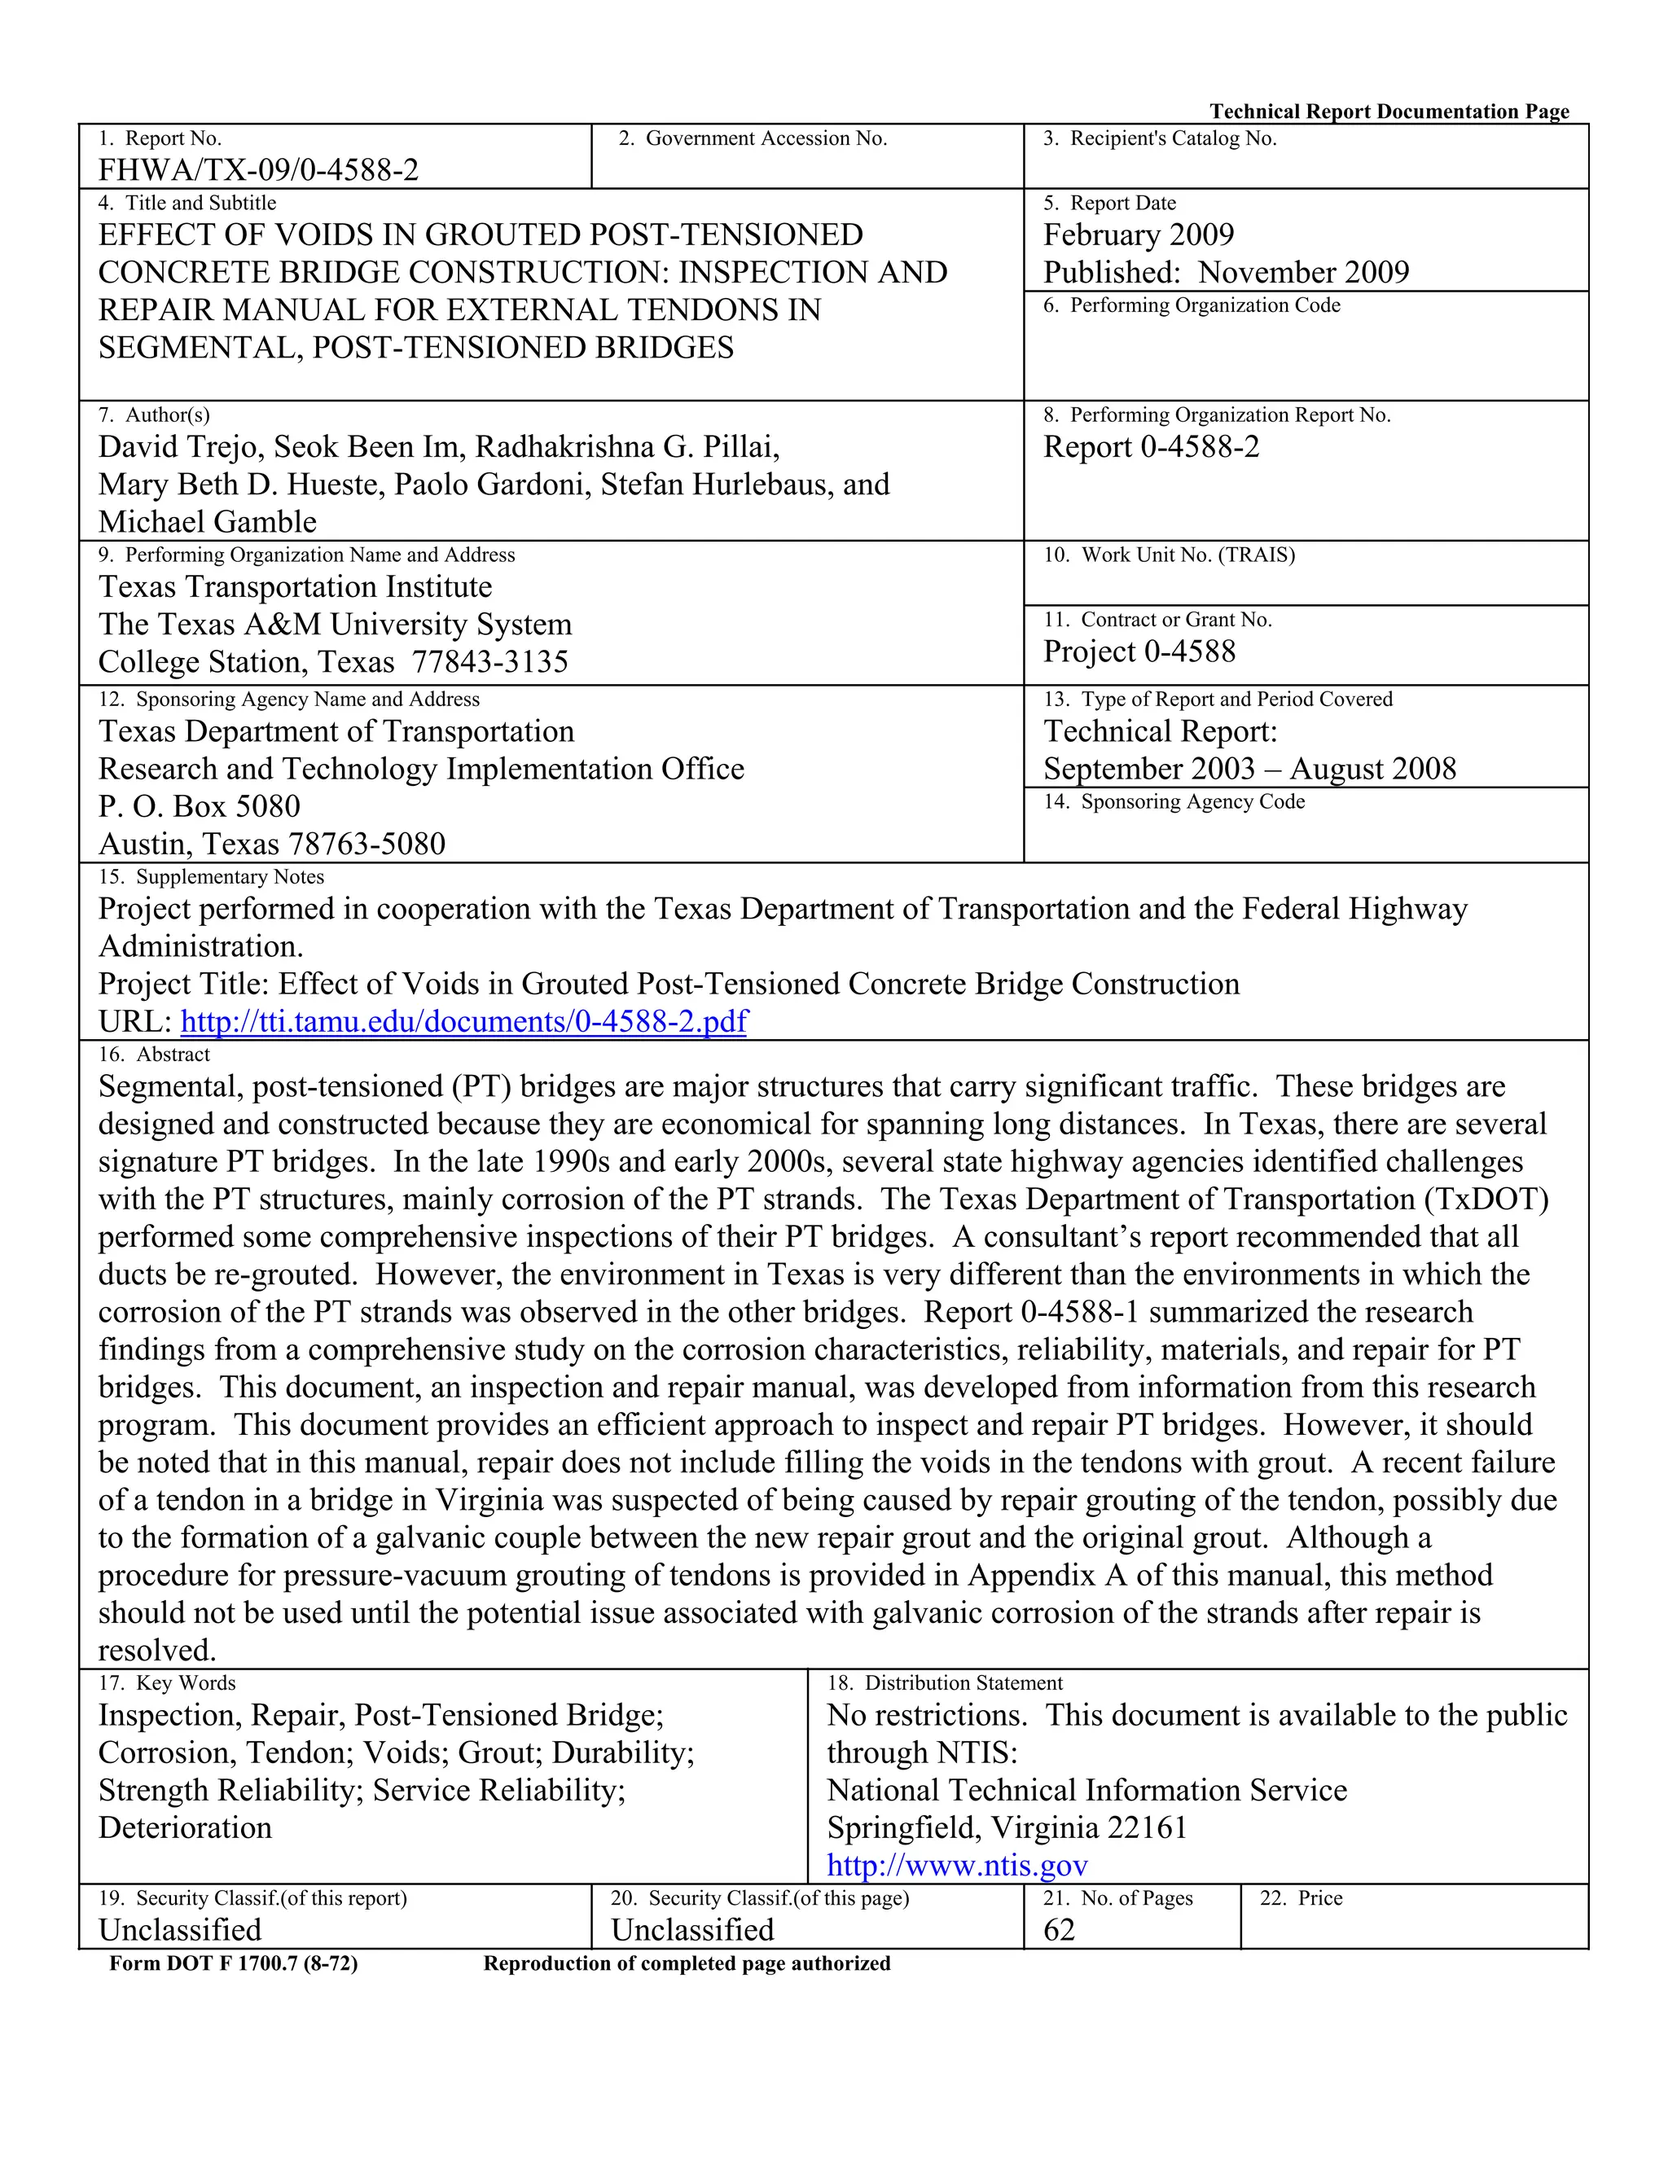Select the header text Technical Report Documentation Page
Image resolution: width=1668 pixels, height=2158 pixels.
tap(1389, 112)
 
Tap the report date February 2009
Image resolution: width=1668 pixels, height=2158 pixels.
tap(1139, 235)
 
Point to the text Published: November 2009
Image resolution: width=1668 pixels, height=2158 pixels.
tap(1225, 273)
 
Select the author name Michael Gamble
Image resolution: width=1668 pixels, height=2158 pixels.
tap(208, 522)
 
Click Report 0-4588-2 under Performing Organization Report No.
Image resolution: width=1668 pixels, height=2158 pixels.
tap(1151, 448)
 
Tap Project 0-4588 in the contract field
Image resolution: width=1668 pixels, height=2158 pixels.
tap(1139, 652)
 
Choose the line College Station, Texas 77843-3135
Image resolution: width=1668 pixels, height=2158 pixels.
tap(333, 662)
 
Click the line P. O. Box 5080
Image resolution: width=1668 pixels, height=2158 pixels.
tap(199, 807)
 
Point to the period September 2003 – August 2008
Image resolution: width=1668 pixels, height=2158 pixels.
tap(1249, 770)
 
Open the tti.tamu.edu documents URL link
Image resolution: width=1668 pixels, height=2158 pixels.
tap(463, 1020)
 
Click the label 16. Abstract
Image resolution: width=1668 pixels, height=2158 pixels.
tap(154, 1055)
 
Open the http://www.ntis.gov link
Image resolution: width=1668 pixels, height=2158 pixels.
tap(956, 1866)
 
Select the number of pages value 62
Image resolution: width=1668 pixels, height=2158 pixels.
tap(1058, 1930)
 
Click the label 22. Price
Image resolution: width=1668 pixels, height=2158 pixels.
tap(1301, 1898)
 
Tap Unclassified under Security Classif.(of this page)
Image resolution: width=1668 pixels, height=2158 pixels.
tap(691, 1930)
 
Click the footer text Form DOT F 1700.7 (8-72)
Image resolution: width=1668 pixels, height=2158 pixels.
tap(233, 1963)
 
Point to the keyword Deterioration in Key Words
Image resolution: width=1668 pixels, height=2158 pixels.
tap(185, 1828)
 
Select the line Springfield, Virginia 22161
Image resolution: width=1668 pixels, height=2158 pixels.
tap(1006, 1828)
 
